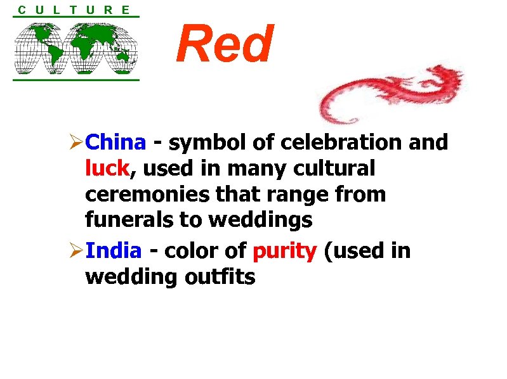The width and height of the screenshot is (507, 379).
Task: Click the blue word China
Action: point(115,143)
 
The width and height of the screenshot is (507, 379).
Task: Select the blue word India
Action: point(113,251)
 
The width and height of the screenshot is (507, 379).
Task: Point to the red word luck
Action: point(107,169)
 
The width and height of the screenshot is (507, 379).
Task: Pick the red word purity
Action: point(284,252)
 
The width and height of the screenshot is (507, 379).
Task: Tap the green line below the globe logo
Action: point(76,80)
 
